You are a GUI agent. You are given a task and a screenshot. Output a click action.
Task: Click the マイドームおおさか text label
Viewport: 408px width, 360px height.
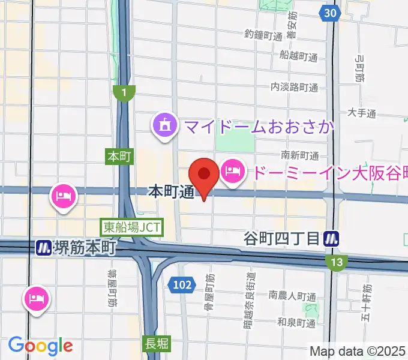click(x=259, y=127)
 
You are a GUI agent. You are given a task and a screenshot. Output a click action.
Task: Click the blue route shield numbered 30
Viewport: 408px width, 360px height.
click(x=328, y=13)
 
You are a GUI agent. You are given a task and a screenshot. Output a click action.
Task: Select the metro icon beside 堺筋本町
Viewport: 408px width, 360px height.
click(x=43, y=247)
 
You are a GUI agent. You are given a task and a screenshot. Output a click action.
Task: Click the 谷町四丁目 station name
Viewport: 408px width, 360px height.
click(x=281, y=239)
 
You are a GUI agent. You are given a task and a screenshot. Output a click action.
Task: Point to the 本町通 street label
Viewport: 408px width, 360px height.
click(x=170, y=192)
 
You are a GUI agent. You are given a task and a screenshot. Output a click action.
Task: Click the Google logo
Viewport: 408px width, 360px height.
click(x=40, y=346)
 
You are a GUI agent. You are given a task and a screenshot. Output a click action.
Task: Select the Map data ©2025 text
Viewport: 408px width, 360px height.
click(x=358, y=351)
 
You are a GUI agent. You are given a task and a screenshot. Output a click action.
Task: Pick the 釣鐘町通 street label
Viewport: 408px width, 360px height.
click(x=263, y=37)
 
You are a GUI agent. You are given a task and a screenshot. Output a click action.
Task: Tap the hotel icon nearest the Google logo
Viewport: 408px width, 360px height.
click(x=37, y=298)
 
